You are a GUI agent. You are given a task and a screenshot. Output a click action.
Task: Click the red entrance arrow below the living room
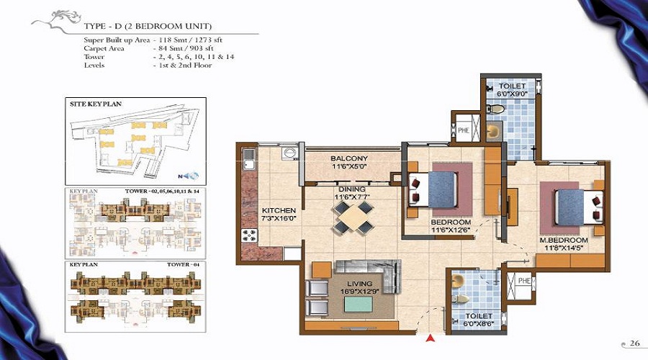[x=431, y=337]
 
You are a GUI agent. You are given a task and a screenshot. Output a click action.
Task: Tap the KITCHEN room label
[x=274, y=210]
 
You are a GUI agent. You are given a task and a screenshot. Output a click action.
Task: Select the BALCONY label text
[x=349, y=158]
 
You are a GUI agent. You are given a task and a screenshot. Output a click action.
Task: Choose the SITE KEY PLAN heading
[x=95, y=104]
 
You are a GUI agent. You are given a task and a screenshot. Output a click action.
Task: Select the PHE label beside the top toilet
[x=464, y=130]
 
